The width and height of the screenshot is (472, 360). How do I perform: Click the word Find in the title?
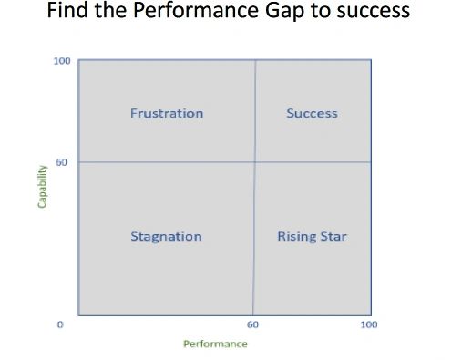point(68,13)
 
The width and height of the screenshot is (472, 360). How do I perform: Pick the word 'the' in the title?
point(112,13)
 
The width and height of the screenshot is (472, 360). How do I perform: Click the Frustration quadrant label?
point(167,114)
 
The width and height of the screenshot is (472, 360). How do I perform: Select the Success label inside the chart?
point(312,114)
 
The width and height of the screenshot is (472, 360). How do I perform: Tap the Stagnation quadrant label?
point(166,237)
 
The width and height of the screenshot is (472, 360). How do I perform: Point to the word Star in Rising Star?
point(333,237)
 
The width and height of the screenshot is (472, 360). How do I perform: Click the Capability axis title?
point(42,186)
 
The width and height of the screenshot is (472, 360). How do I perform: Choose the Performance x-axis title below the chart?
point(215,344)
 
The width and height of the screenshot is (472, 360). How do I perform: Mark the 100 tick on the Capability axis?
point(62,61)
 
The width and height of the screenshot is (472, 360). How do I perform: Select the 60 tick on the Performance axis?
point(252,324)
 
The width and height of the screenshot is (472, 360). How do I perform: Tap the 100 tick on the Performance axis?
point(369,324)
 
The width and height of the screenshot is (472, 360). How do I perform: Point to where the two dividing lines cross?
point(254,162)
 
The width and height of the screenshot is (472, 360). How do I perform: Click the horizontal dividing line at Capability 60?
point(164,162)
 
